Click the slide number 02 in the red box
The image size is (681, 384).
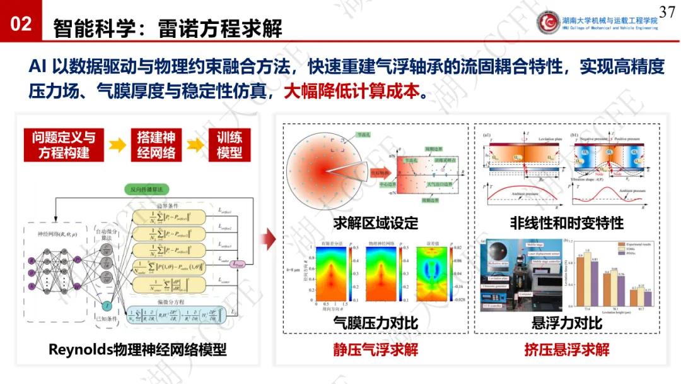click(x=21, y=24)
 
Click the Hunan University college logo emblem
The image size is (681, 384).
click(x=549, y=22)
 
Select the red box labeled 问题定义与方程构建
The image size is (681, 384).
click(x=64, y=145)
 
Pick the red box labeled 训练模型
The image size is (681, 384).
click(x=229, y=145)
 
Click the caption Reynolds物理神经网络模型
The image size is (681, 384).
click(x=137, y=349)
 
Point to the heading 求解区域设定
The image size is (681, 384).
click(x=375, y=223)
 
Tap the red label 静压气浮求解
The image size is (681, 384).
click(x=375, y=349)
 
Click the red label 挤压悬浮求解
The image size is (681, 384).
click(x=567, y=349)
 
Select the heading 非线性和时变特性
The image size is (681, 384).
click(x=567, y=223)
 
